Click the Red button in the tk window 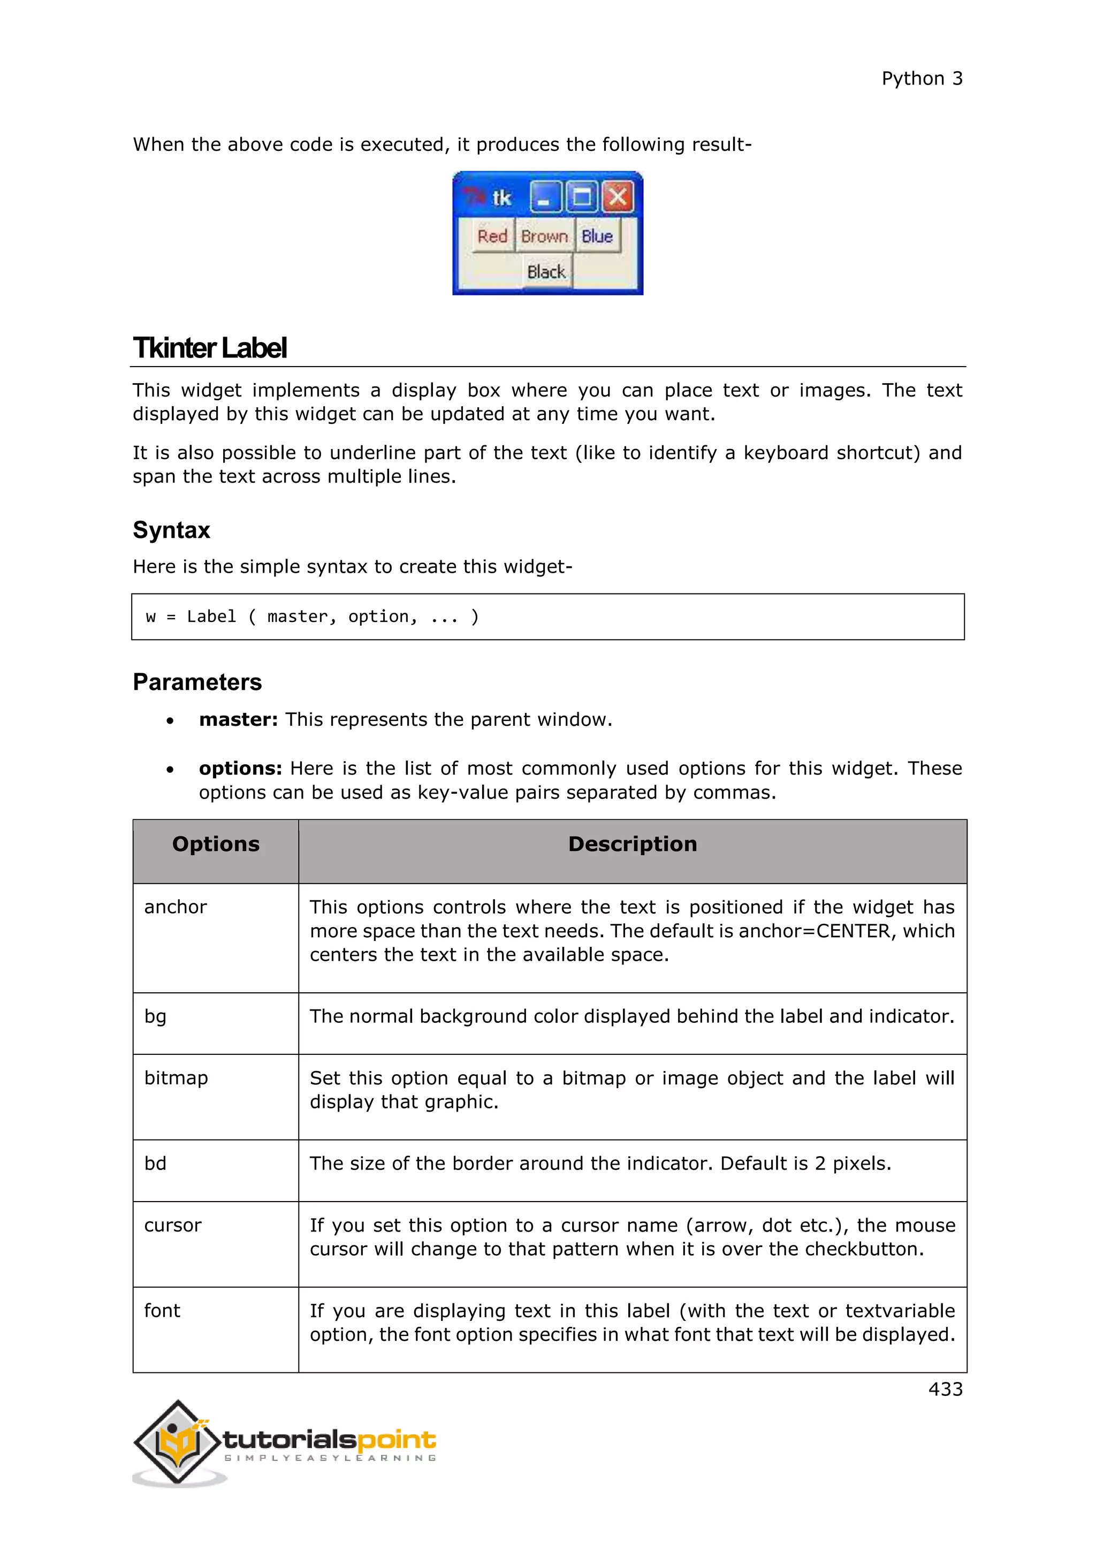(492, 236)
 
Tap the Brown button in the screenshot (544, 236)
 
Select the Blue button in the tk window (597, 236)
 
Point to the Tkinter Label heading (210, 348)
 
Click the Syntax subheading (171, 530)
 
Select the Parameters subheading (197, 682)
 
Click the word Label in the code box (211, 617)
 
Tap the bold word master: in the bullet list (238, 720)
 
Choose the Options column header (216, 844)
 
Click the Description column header (633, 844)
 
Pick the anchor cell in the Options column (176, 907)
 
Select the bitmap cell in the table (176, 1077)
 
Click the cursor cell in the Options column (173, 1225)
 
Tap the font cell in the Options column (162, 1310)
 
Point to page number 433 (945, 1389)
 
